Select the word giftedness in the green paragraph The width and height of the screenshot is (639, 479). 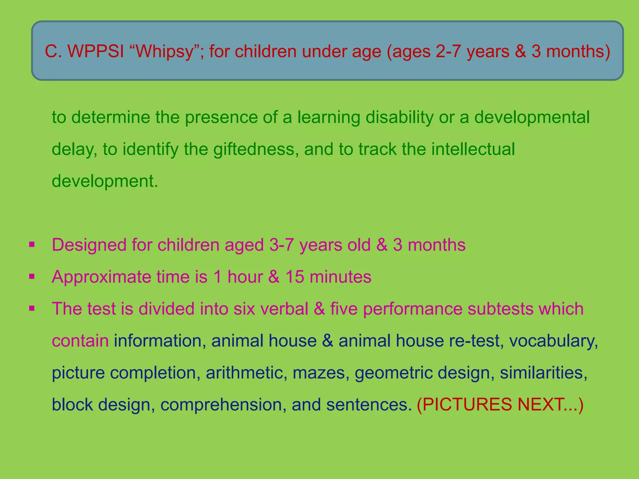coord(254,149)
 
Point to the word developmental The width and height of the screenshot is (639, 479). coord(532,117)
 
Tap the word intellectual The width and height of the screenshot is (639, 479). coord(473,149)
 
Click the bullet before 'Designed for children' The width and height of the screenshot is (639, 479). coord(32,244)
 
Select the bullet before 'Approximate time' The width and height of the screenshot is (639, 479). coord(32,276)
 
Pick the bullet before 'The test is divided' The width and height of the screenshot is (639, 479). coord(32,308)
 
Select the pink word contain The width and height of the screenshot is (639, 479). coord(80,341)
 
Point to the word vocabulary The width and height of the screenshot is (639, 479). coord(553,341)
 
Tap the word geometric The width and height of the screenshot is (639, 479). coord(393,373)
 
